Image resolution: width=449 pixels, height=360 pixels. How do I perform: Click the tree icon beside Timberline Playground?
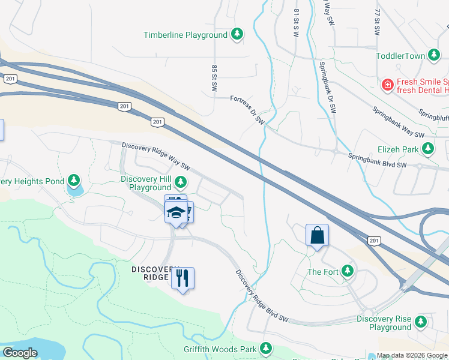[x=238, y=35]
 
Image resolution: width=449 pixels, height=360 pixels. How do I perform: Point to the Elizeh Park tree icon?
[x=428, y=148]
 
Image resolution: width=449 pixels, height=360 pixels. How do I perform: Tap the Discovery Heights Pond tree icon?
[x=74, y=181]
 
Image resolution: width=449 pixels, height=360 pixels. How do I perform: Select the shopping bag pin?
[x=317, y=235]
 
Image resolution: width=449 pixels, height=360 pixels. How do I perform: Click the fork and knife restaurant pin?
[x=182, y=278]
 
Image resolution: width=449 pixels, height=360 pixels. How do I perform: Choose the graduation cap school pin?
[x=176, y=212]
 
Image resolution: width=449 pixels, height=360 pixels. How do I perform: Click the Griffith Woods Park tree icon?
[x=265, y=349]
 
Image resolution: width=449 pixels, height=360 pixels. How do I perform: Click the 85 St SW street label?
[x=214, y=79]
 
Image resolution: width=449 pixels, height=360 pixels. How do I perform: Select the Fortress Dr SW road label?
[x=247, y=110]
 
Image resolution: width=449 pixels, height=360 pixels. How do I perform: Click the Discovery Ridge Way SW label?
[x=155, y=155]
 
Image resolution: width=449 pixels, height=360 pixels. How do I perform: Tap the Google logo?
[x=20, y=352]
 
